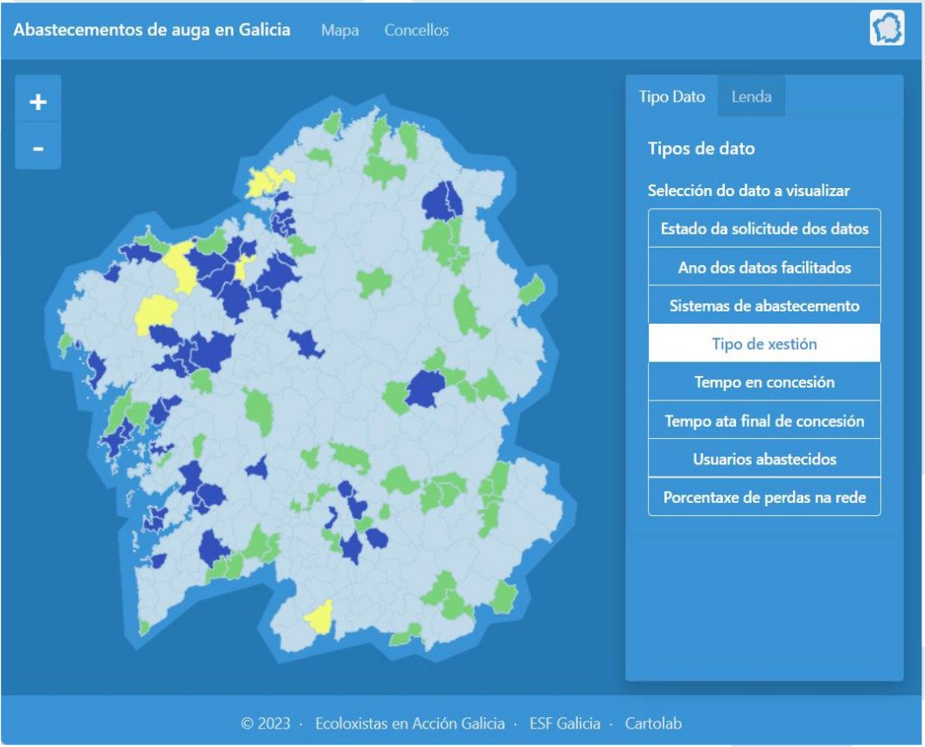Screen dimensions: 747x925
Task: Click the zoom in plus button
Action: click(x=38, y=102)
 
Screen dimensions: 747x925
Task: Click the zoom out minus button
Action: click(x=38, y=149)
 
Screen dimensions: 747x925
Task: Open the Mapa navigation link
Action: click(x=340, y=31)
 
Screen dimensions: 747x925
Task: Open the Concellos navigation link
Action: click(x=416, y=31)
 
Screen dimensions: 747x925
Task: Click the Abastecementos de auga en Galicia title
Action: click(x=152, y=30)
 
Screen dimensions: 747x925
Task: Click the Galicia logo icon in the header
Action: click(x=887, y=29)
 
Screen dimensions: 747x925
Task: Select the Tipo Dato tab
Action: click(x=671, y=97)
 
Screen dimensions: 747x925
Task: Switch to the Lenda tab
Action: click(x=751, y=97)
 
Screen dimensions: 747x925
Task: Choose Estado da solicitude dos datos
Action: click(x=764, y=229)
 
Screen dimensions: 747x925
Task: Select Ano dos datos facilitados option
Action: click(x=764, y=268)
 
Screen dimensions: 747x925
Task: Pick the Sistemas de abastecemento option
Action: click(x=764, y=306)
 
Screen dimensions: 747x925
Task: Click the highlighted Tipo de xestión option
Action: click(x=764, y=344)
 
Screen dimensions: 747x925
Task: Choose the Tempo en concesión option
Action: click(x=764, y=382)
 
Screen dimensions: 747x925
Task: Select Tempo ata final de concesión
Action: click(x=764, y=421)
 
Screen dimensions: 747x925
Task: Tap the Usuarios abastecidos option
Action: click(x=764, y=459)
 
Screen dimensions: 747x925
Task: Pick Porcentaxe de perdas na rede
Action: click(x=764, y=498)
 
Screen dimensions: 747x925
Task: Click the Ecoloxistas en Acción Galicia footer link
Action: click(x=409, y=723)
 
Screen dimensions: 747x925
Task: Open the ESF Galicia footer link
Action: click(x=565, y=723)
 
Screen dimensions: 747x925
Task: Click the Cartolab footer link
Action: click(x=653, y=723)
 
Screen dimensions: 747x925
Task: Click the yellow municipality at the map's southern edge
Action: click(x=319, y=618)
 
